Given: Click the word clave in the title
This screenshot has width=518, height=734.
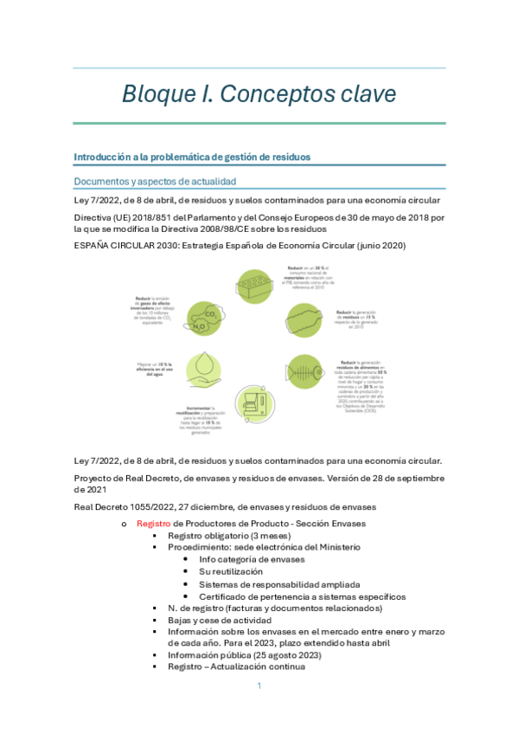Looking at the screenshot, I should coord(361,93).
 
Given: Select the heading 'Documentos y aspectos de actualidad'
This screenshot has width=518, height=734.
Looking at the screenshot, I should coord(156,181).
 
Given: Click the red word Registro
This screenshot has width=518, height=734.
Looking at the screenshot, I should coord(154,524).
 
